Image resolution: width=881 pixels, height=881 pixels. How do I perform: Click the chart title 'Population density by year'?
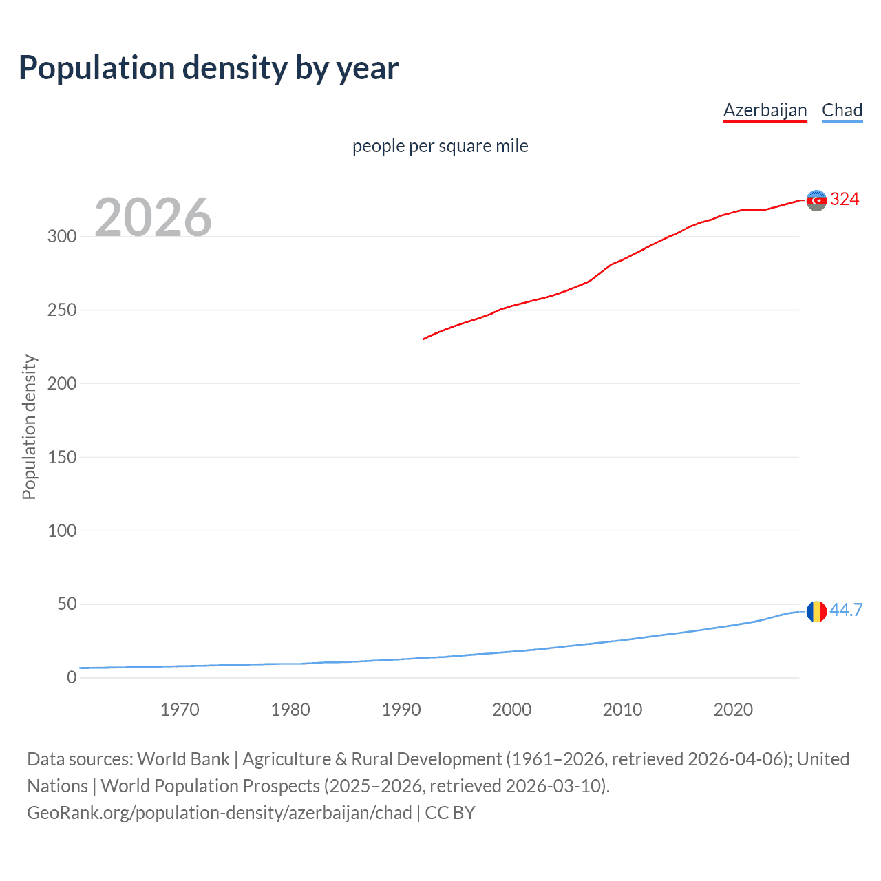click(209, 67)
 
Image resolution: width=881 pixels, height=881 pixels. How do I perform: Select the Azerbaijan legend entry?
click(765, 110)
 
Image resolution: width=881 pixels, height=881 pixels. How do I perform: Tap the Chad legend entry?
click(842, 110)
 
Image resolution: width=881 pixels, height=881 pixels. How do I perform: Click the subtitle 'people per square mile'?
click(440, 146)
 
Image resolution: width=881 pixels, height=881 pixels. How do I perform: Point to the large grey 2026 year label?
click(153, 217)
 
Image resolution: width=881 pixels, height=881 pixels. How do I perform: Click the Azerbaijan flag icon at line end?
click(816, 200)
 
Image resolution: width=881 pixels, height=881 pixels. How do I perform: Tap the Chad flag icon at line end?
click(816, 611)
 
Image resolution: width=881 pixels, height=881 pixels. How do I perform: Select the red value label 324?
click(845, 200)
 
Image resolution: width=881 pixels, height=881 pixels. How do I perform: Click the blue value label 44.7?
click(846, 610)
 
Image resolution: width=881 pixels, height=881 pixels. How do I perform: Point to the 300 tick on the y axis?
click(62, 236)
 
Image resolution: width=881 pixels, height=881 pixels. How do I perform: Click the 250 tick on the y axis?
click(62, 310)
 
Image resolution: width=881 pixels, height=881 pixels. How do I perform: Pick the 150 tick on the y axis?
click(62, 457)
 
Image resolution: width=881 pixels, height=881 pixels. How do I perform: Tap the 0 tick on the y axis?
click(72, 677)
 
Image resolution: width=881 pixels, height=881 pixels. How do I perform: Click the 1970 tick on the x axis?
click(180, 710)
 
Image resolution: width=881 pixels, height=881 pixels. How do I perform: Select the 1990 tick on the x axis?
click(401, 710)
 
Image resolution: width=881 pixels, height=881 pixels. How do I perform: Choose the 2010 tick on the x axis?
click(622, 710)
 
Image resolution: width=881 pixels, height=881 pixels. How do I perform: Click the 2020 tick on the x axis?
click(733, 710)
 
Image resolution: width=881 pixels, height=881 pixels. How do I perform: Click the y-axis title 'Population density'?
click(29, 427)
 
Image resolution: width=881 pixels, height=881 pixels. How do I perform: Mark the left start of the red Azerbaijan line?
click(424, 339)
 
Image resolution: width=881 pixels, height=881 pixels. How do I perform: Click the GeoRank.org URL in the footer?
click(220, 813)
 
